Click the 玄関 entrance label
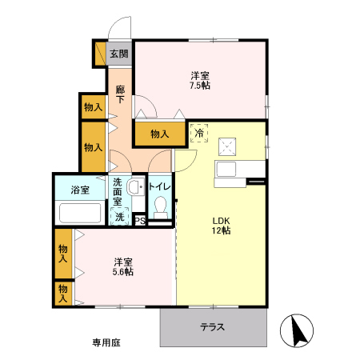(118, 54)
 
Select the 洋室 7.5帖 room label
(200, 80)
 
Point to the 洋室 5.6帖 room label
(122, 266)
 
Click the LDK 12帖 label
(221, 226)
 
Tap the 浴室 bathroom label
(79, 190)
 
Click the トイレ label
(160, 187)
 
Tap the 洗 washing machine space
(119, 216)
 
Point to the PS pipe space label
(139, 220)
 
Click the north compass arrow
(295, 329)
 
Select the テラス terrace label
(212, 326)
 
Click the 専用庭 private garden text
(105, 342)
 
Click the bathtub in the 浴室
(80, 213)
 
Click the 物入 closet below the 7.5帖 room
(159, 134)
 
